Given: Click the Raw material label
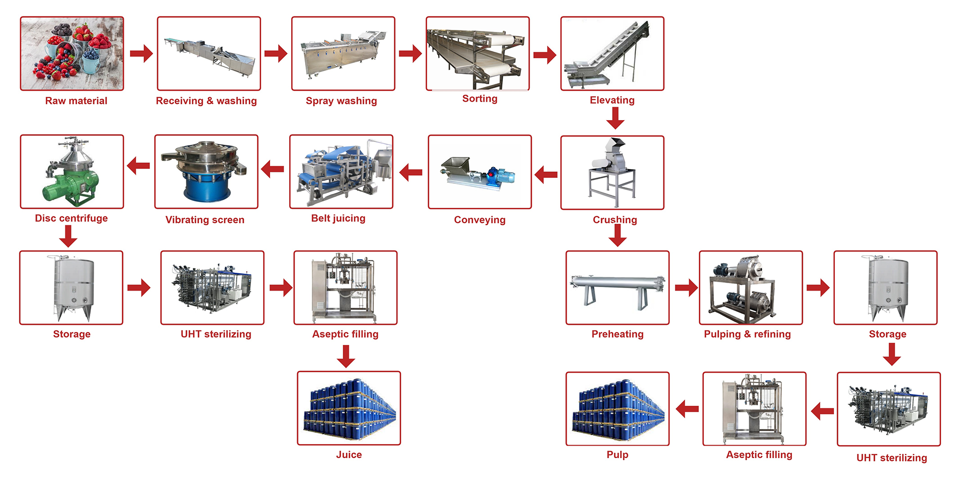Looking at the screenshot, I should tap(76, 101).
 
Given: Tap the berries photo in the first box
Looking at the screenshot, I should tap(72, 53).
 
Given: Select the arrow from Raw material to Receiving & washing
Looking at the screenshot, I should tap(141, 53).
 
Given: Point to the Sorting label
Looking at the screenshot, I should tap(479, 99).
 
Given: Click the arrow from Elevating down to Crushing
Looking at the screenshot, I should tap(616, 118).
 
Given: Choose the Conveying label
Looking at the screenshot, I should tap(479, 220).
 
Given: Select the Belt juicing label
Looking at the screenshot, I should tap(338, 218).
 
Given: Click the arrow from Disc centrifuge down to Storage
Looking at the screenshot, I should tap(68, 236).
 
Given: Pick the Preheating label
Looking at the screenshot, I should tap(617, 334).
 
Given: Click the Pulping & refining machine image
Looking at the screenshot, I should tap(750, 288).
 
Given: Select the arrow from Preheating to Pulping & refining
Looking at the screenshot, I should tap(686, 288).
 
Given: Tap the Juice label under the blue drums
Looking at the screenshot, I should tap(349, 455).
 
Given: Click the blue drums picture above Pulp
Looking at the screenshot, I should tap(617, 408).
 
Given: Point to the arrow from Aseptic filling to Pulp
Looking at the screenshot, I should tap(687, 409).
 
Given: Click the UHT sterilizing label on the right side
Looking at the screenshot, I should tap(891, 458).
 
